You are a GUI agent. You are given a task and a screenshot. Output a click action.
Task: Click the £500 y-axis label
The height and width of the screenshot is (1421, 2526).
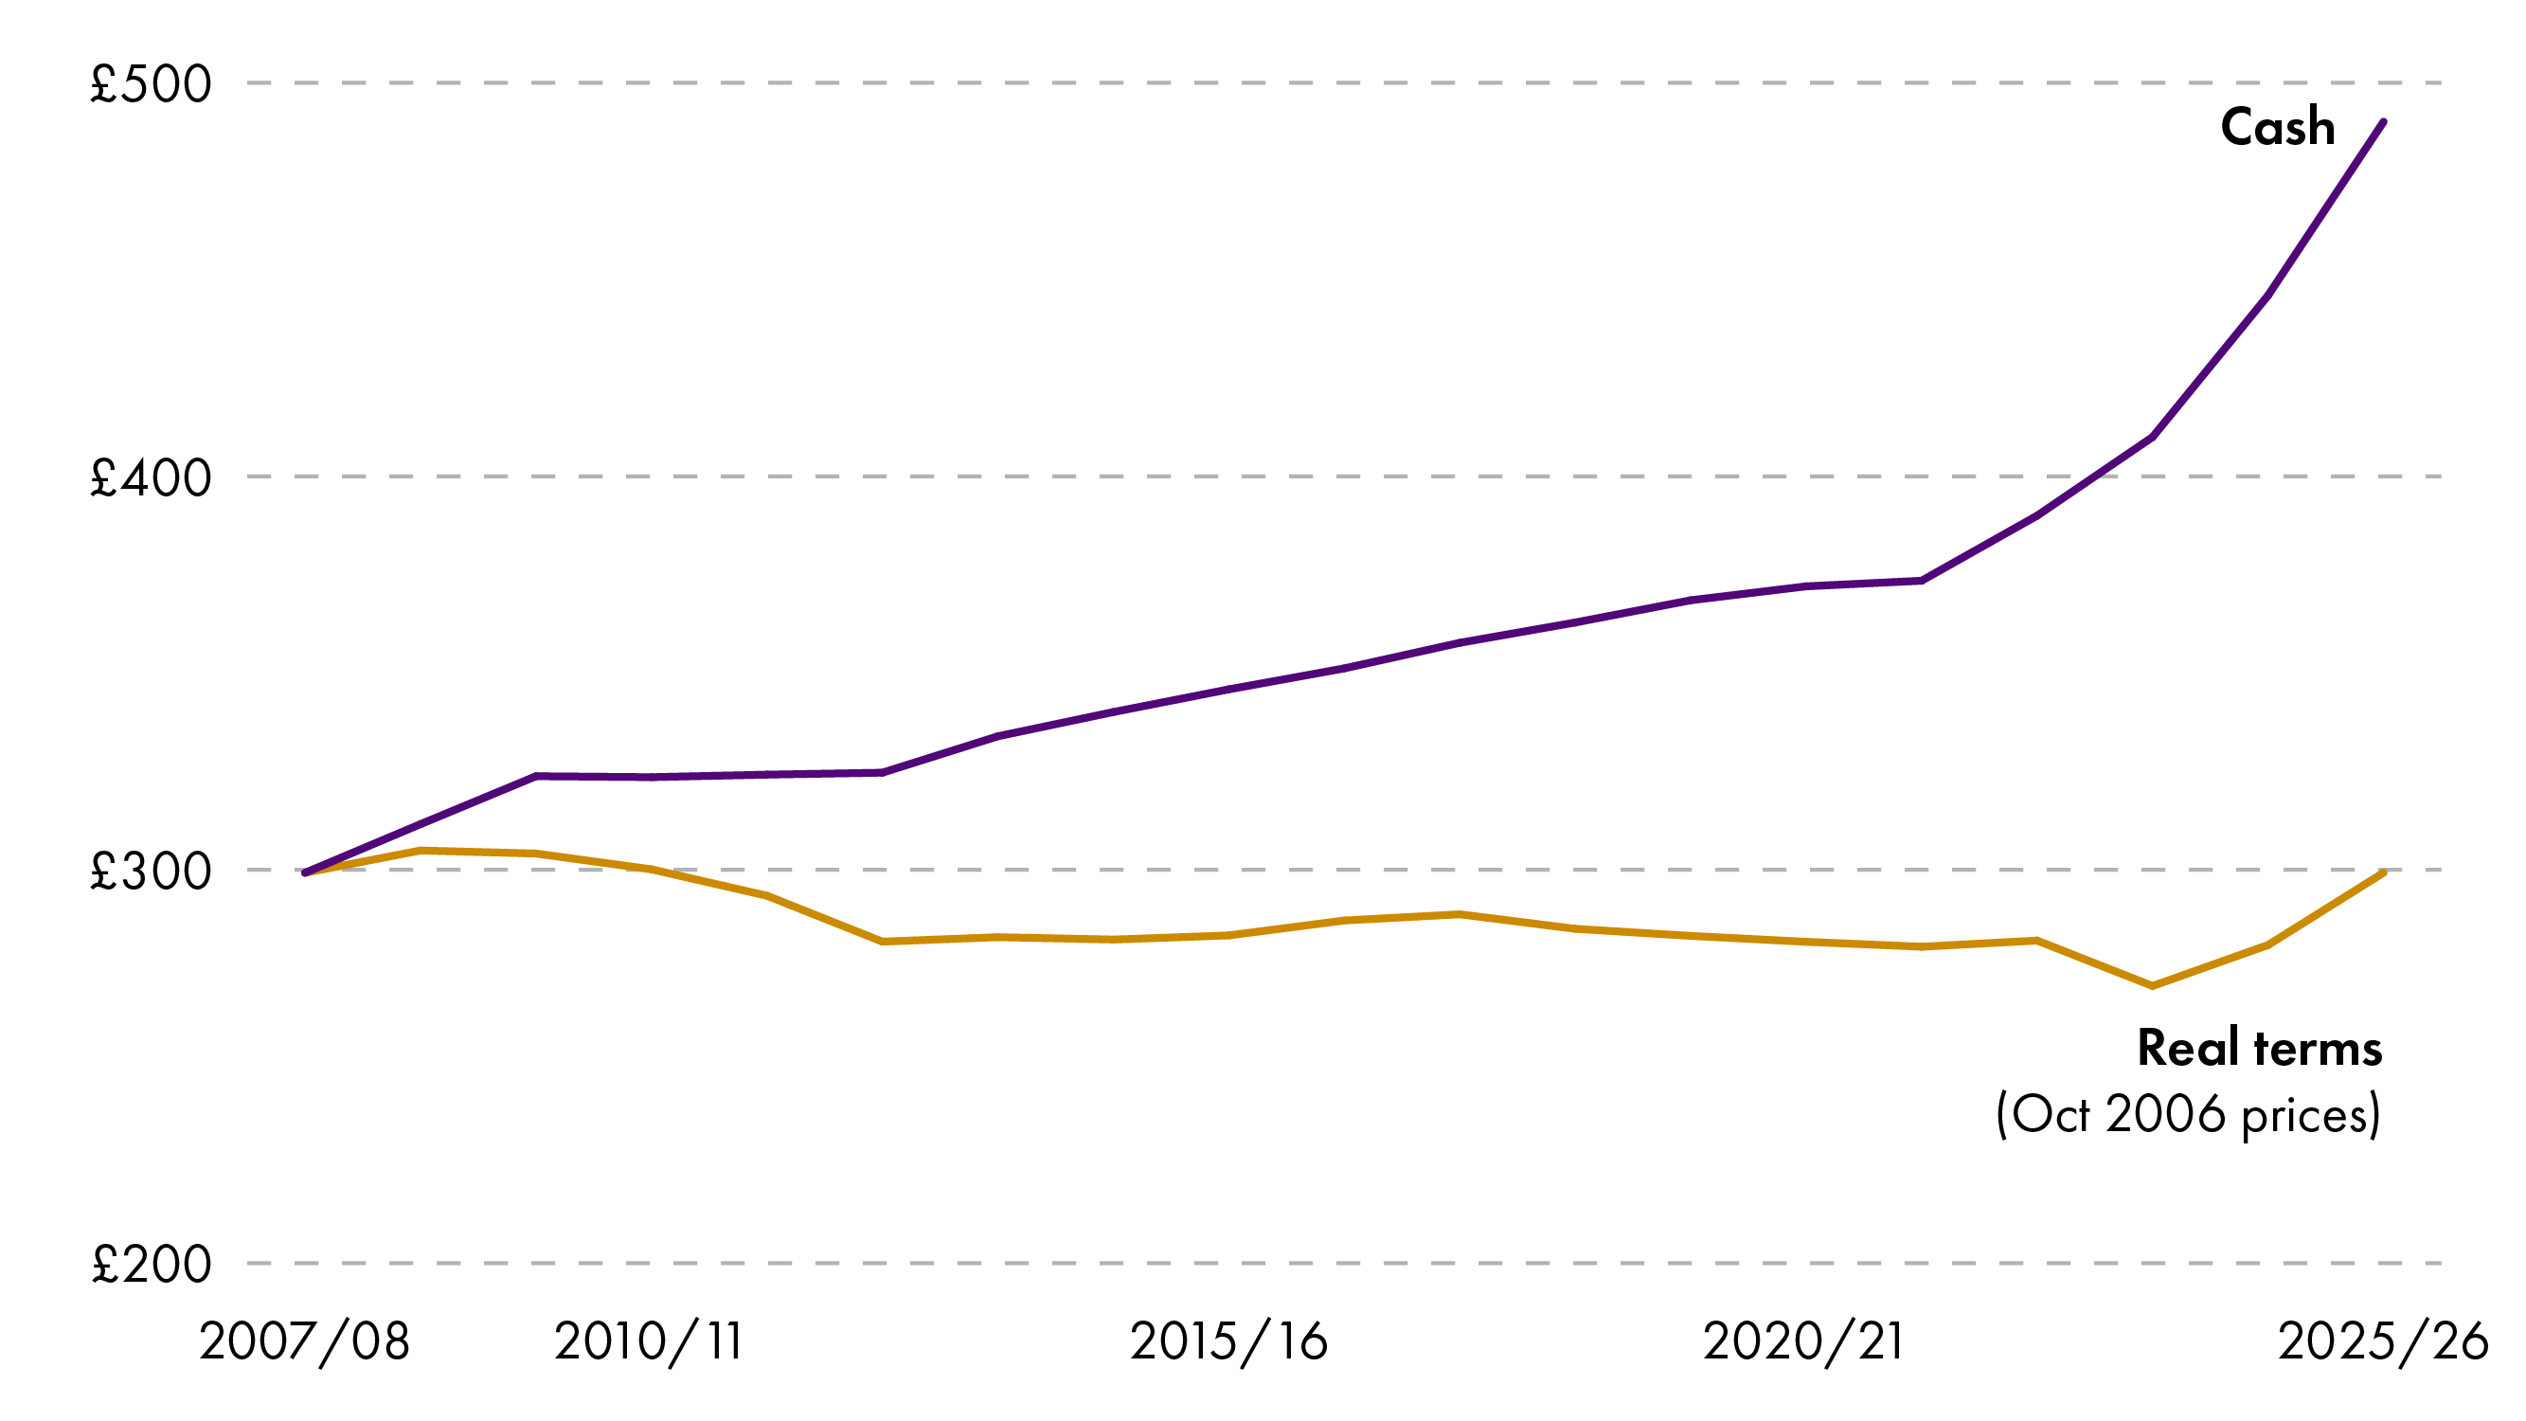tap(150, 84)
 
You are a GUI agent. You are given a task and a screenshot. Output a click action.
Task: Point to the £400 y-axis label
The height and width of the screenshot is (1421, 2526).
tap(150, 477)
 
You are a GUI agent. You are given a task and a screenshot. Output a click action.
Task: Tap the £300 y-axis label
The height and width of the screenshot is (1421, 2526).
tap(150, 871)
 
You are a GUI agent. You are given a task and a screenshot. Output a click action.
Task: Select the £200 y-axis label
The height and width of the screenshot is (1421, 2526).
tap(150, 1264)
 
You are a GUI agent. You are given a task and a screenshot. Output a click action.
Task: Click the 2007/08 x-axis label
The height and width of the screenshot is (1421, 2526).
tap(304, 1341)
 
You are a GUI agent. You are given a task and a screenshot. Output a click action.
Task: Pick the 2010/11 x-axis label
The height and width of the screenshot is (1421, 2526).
tap(649, 1341)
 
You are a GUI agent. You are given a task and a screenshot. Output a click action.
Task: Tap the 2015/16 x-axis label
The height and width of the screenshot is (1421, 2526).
tap(1228, 1341)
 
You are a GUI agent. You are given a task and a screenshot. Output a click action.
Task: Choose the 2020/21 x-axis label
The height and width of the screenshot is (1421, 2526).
tap(1803, 1341)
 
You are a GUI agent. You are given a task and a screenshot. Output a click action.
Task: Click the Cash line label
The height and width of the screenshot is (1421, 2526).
tap(2277, 128)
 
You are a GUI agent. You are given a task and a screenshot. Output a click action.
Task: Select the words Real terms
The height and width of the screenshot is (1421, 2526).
tap(2259, 1049)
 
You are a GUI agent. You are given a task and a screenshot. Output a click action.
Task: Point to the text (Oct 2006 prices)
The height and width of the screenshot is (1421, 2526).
tap(2189, 1115)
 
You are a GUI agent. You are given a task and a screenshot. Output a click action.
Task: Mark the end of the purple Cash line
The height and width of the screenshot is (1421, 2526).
tap(2384, 121)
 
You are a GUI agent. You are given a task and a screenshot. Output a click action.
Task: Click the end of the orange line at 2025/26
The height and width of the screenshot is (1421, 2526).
tap(2384, 872)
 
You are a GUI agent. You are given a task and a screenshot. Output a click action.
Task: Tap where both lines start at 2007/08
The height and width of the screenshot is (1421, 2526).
tap(305, 872)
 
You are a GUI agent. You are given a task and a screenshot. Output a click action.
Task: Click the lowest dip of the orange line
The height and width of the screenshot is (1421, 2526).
tap(2153, 986)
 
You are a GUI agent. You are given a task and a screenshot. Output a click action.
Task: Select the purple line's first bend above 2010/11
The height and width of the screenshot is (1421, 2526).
tap(536, 776)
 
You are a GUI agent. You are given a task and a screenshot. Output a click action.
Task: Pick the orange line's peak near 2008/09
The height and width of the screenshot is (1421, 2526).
tap(421, 851)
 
